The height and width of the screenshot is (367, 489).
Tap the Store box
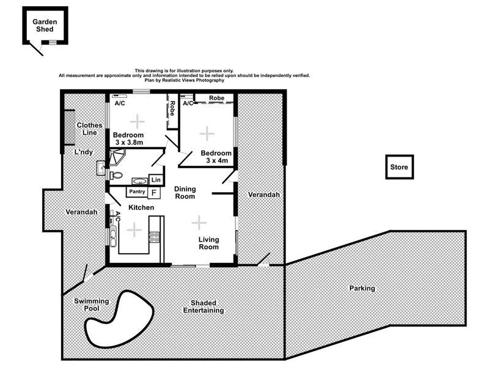[x=400, y=166]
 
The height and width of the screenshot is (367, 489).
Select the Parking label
[x=362, y=287]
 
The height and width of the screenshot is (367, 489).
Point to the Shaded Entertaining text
[x=204, y=307]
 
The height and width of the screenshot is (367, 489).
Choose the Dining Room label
[x=185, y=193]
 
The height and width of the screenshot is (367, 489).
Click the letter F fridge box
[x=154, y=192]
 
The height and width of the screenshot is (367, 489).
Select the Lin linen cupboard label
[x=156, y=180]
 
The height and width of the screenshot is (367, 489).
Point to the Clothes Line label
[x=89, y=128]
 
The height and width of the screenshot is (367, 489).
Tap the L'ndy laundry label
[x=84, y=151]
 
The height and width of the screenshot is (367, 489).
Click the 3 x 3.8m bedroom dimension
[x=127, y=143]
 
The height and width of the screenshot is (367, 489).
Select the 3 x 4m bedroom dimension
[x=216, y=160]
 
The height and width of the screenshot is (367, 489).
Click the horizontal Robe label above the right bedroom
[x=216, y=98]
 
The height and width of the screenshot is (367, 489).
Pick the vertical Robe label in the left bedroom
[x=173, y=109]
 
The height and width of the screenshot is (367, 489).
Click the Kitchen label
[x=141, y=208]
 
